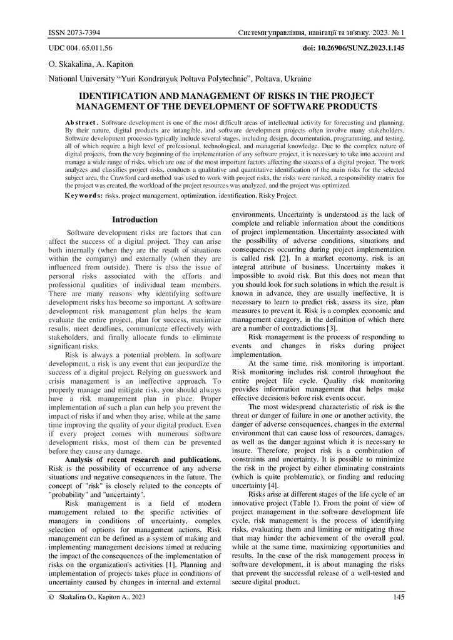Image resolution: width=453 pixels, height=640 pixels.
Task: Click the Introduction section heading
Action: (135, 219)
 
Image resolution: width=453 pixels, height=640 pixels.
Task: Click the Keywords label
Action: (84, 196)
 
